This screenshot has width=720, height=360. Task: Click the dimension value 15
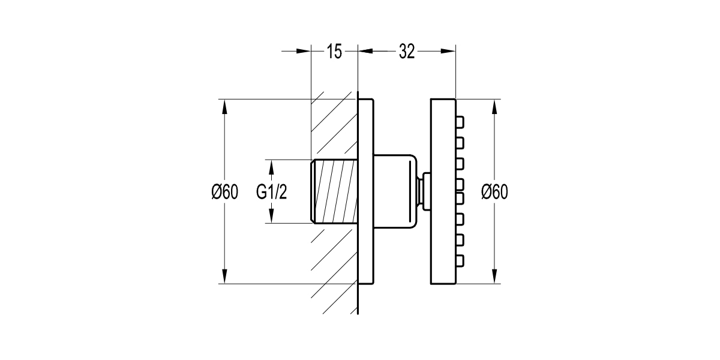click(334, 52)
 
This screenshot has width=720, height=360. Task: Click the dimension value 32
click(407, 52)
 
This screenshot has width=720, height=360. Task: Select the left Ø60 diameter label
click(224, 192)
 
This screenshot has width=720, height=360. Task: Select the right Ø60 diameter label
click(494, 192)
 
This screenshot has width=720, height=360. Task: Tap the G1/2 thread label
click(271, 192)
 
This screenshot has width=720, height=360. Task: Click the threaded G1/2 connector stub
click(334, 191)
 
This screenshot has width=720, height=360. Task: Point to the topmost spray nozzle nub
click(460, 122)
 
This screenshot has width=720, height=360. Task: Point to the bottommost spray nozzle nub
click(460, 260)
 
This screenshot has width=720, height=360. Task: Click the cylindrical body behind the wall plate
click(395, 191)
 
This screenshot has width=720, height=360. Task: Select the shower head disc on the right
click(443, 191)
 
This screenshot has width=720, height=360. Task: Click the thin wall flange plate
click(366, 191)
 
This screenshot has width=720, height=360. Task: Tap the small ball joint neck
click(424, 191)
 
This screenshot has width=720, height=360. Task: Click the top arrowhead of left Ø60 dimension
click(224, 107)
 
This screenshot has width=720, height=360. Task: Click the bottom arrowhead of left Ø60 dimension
click(224, 277)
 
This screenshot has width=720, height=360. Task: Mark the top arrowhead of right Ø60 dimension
click(494, 107)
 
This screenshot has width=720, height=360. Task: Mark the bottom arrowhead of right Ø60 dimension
click(494, 277)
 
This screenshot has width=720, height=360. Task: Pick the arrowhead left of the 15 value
click(304, 51)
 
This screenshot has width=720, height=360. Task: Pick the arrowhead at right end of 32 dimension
click(448, 51)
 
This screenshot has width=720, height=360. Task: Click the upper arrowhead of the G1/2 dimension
click(271, 167)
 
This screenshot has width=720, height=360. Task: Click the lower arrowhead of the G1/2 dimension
click(271, 215)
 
